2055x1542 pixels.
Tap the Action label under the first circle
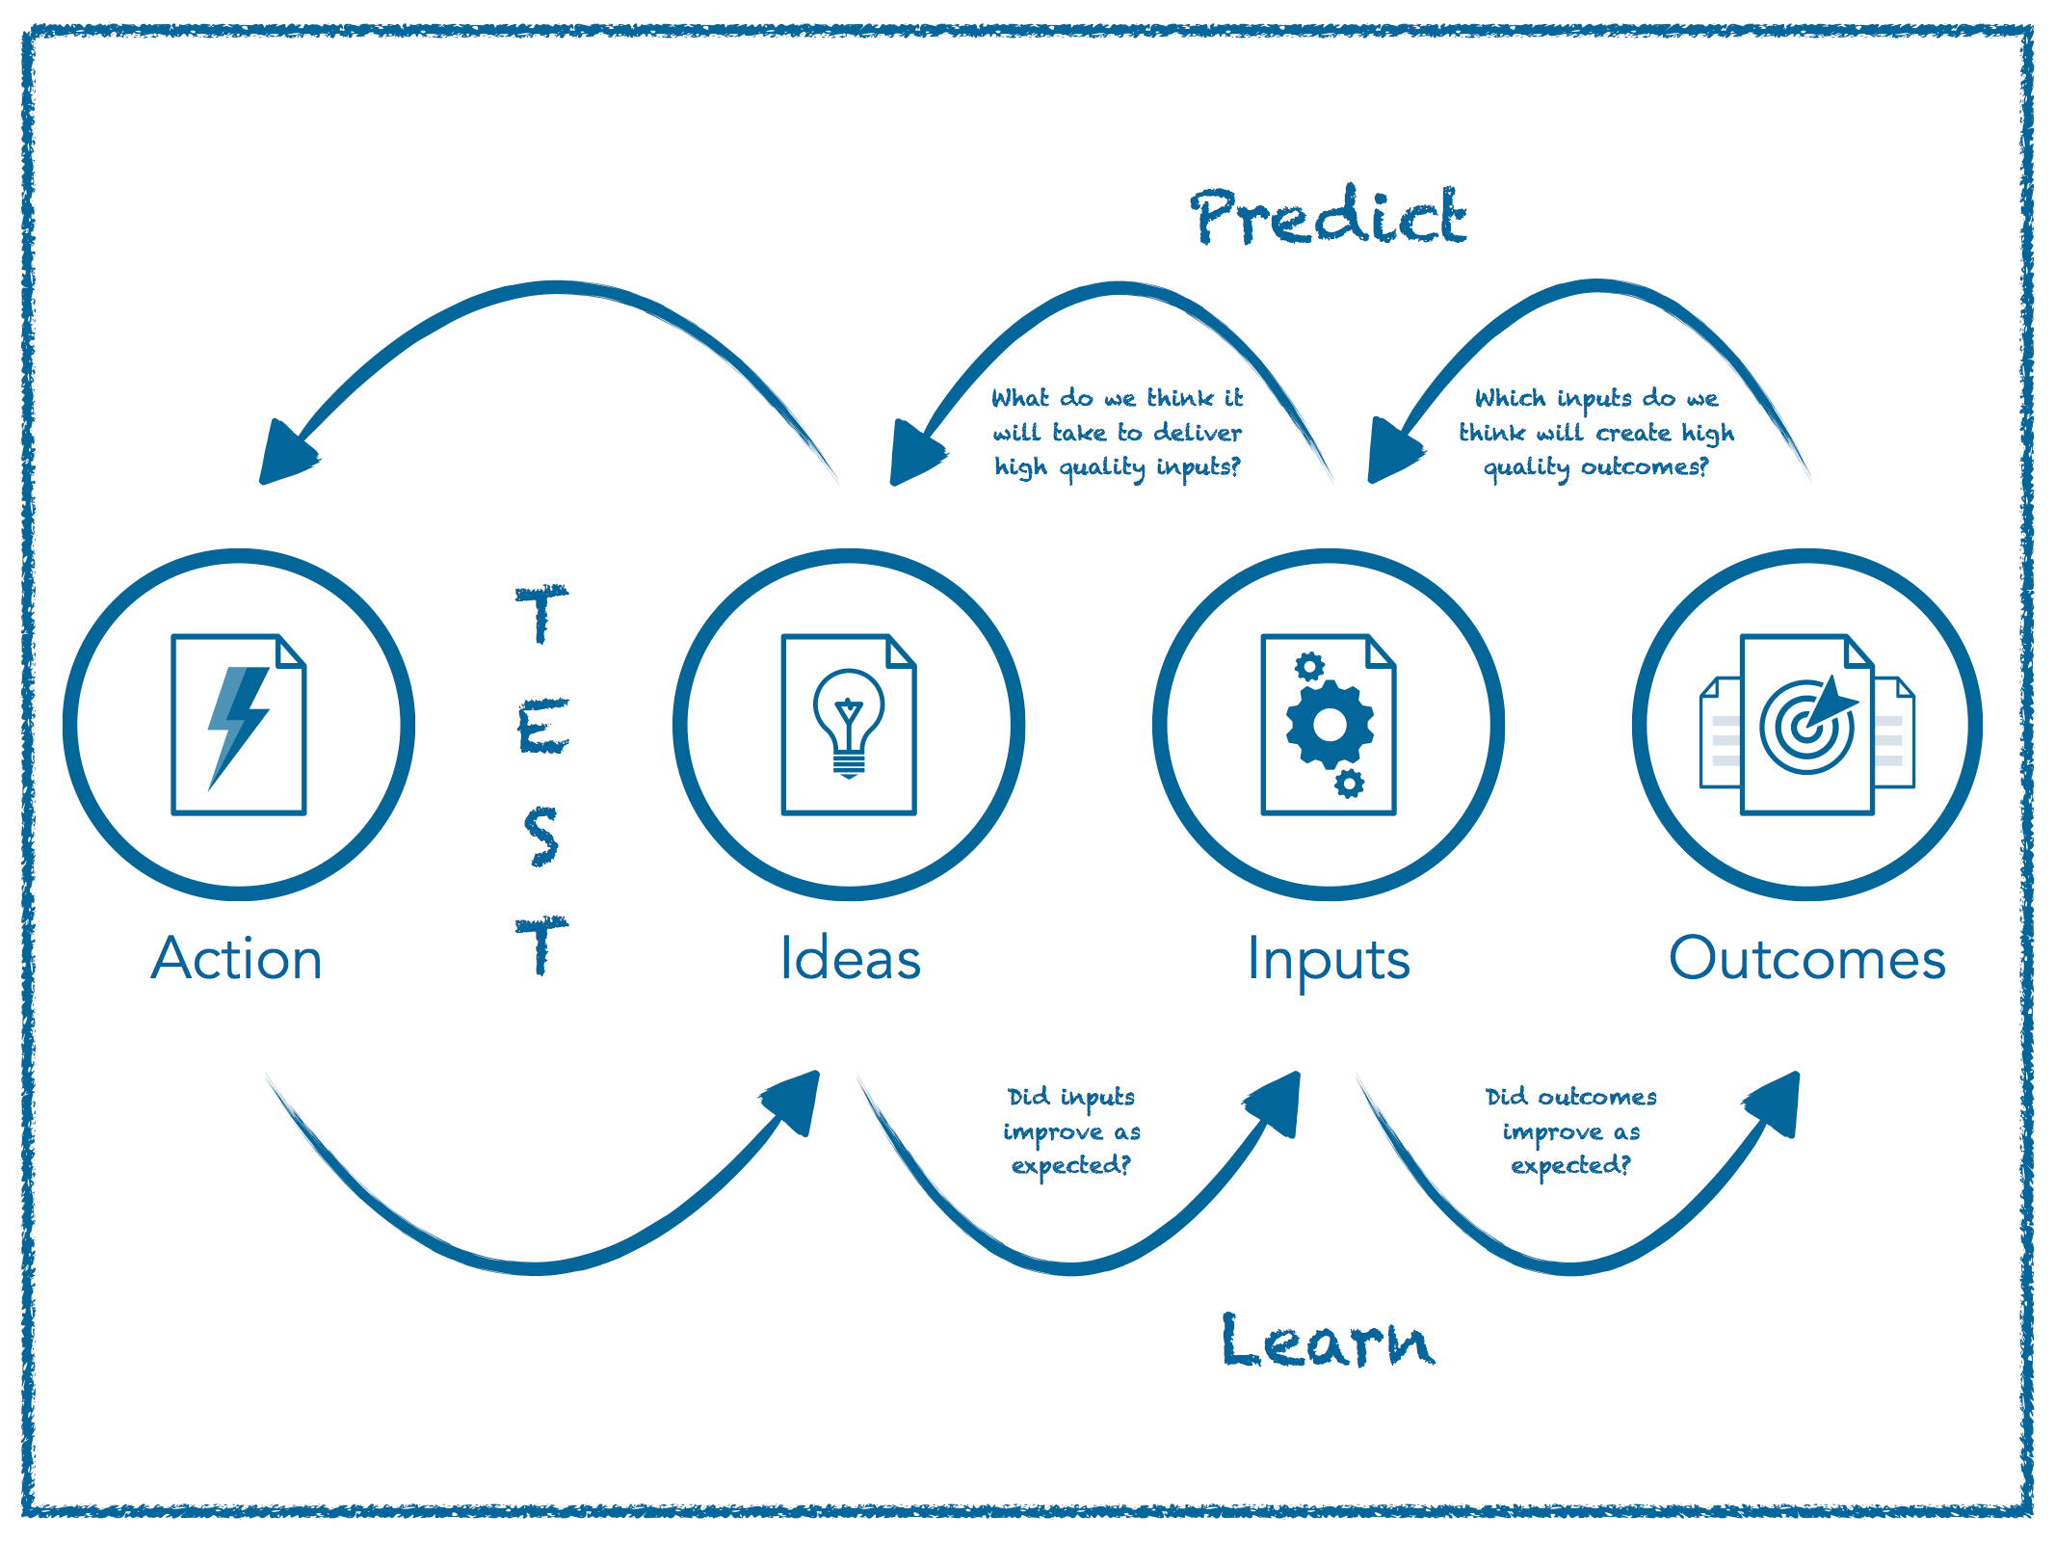pyautogui.click(x=237, y=959)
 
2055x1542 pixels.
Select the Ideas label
pyautogui.click(x=850, y=959)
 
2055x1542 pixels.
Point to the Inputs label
pyautogui.click(x=1328, y=961)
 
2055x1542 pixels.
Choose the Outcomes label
pyautogui.click(x=1806, y=959)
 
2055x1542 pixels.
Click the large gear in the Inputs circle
pyautogui.click(x=1330, y=724)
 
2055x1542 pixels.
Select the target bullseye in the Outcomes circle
pyautogui.click(x=1805, y=728)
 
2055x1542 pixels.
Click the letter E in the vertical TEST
pyautogui.click(x=542, y=728)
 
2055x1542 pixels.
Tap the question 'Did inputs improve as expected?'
pyautogui.click(x=1071, y=1130)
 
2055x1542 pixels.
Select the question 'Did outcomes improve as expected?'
pyautogui.click(x=1570, y=1130)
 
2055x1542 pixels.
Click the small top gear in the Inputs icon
pyautogui.click(x=1309, y=666)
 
